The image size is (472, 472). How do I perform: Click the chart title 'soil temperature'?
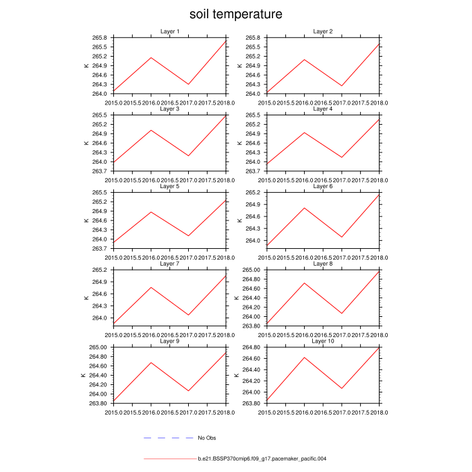235,14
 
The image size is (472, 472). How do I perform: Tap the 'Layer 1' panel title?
170,32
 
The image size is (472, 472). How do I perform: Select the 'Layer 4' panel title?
323,109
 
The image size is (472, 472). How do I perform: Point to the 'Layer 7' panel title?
170,264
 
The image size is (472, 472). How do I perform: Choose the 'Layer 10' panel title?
323,341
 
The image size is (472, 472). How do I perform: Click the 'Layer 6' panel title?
323,186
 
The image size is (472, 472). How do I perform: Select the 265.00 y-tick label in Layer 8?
254,270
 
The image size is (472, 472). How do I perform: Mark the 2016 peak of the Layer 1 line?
151,57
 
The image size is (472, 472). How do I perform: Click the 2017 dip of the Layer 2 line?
342,86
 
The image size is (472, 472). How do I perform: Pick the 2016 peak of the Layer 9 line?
151,363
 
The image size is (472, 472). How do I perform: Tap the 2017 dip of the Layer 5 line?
189,236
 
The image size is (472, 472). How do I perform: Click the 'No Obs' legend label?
206,438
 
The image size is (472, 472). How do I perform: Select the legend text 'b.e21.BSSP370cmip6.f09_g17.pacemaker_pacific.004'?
262,459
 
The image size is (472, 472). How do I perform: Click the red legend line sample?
169,459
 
